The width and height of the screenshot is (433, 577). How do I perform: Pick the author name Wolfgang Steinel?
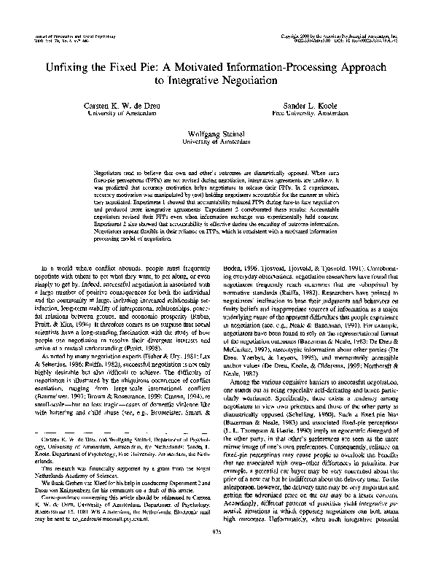tap(216, 135)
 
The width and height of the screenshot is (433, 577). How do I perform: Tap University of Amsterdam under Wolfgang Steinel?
tap(216, 143)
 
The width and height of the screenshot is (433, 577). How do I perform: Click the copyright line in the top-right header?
tap(342, 34)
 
